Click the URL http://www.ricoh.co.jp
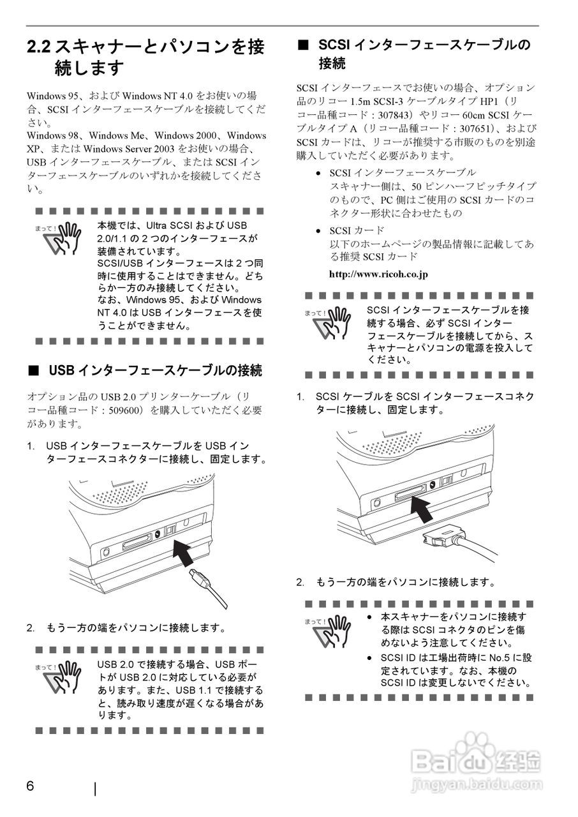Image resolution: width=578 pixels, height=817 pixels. (x=378, y=274)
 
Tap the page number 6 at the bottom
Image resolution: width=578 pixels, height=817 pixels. (x=31, y=786)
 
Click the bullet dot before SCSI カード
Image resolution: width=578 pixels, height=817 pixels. (x=318, y=231)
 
